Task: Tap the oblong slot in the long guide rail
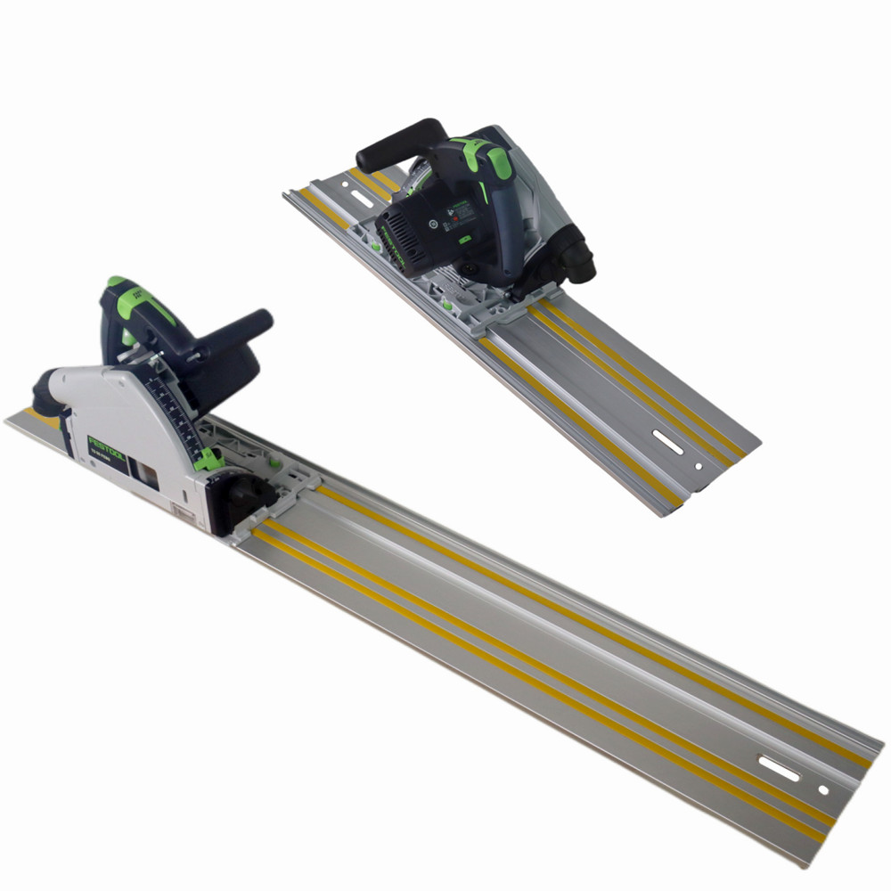click(779, 768)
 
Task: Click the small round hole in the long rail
click(822, 789)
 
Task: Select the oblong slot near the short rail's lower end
click(668, 439)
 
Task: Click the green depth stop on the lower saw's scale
click(207, 460)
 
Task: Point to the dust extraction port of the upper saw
click(577, 258)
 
